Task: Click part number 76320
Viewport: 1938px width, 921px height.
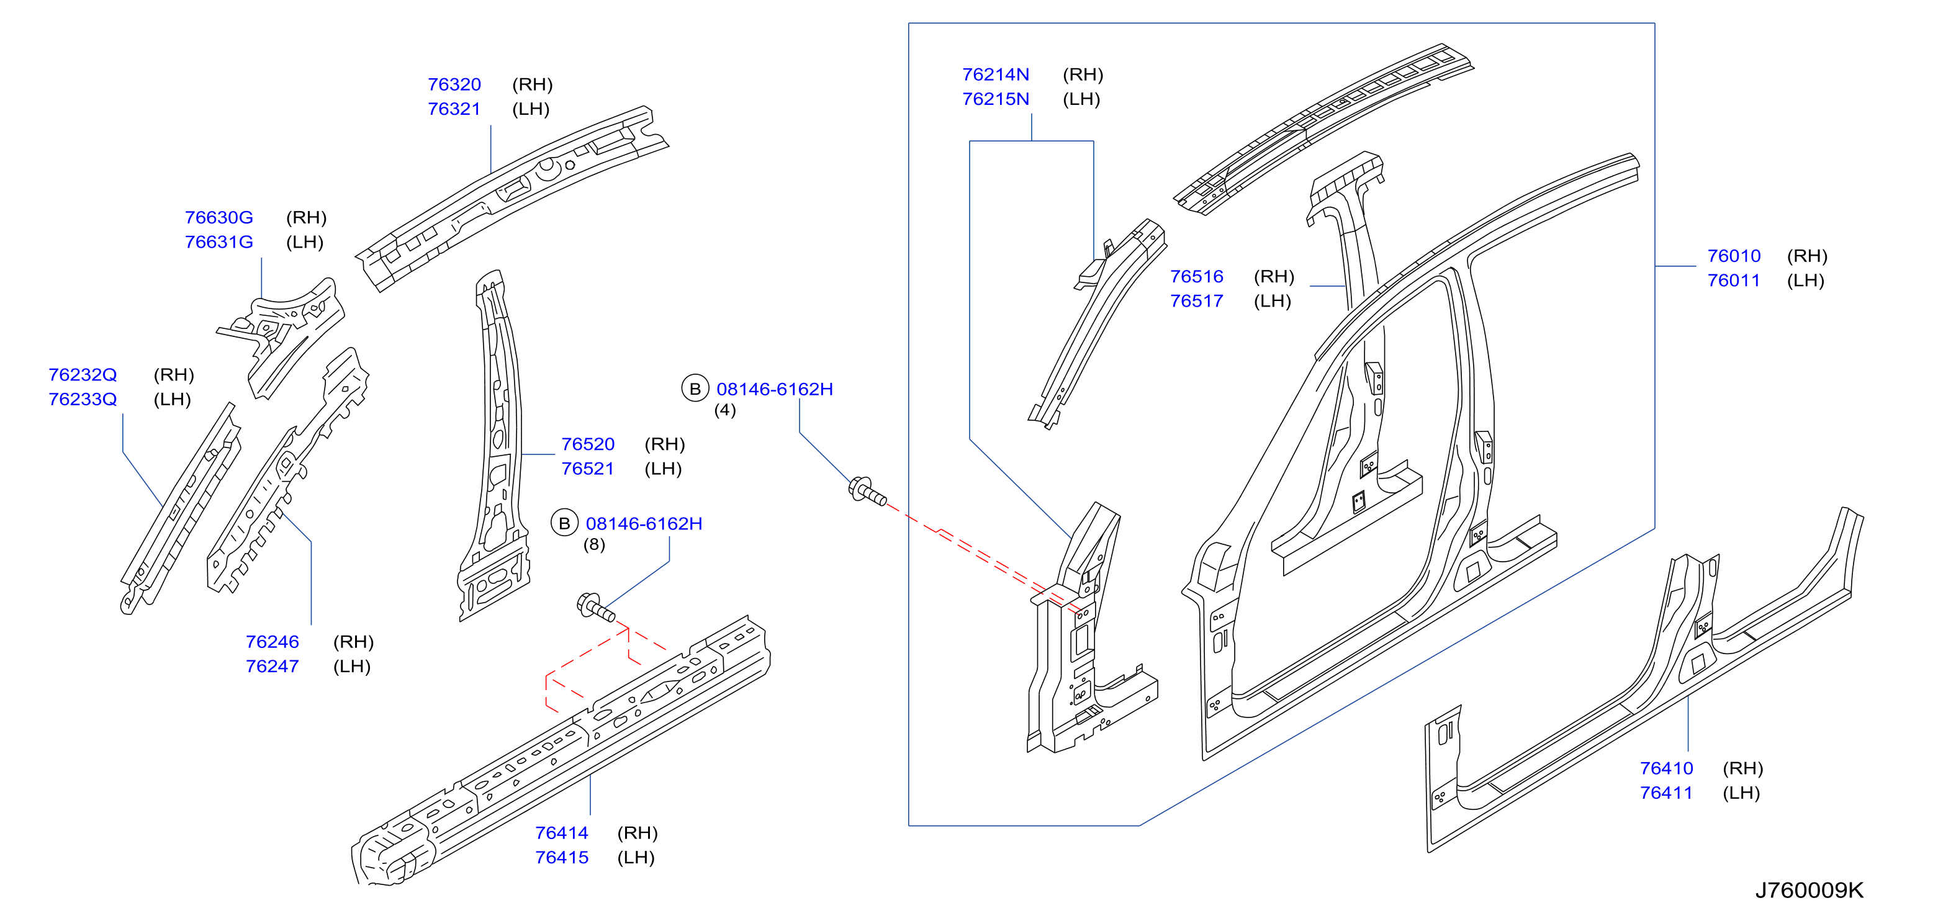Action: (x=454, y=84)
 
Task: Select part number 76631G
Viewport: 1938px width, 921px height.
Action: (x=219, y=241)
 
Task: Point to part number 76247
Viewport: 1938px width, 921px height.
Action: (x=273, y=666)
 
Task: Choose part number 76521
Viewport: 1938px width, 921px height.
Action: (x=588, y=468)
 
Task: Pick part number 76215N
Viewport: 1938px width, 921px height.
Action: (x=995, y=99)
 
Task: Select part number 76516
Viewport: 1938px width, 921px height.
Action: (x=1196, y=276)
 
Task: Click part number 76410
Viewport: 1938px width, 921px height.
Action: (x=1666, y=768)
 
